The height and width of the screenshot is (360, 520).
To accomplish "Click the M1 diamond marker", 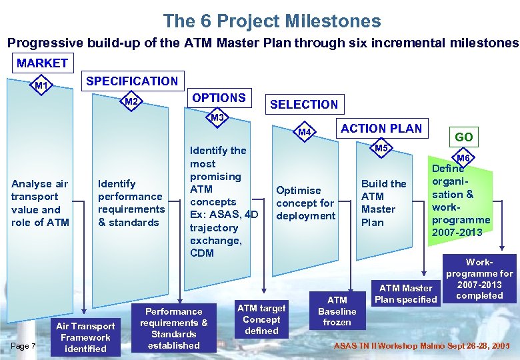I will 42,85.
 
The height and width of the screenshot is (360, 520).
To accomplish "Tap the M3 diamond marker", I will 217,118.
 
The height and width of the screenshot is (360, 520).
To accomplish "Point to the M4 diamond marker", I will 305,132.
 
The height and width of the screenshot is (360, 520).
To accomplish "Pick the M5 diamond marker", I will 381,147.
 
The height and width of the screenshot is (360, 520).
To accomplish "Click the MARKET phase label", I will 42,63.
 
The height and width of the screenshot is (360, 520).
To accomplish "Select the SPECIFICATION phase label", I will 132,81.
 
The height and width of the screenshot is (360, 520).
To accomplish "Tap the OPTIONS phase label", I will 219,97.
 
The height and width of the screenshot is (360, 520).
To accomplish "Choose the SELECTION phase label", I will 304,104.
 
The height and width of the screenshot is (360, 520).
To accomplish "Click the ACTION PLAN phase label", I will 381,129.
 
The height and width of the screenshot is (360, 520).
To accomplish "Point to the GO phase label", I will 464,137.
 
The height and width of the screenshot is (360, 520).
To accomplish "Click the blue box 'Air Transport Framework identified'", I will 85,337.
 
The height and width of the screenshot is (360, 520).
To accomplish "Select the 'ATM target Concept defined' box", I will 261,319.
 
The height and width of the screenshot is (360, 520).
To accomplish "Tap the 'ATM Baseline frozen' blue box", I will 337,311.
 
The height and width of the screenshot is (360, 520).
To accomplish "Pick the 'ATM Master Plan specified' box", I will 406,293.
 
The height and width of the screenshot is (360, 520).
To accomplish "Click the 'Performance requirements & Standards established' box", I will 174,328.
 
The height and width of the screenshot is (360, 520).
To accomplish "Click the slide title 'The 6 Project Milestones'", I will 272,21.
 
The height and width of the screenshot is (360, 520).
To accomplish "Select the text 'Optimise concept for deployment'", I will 305,203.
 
